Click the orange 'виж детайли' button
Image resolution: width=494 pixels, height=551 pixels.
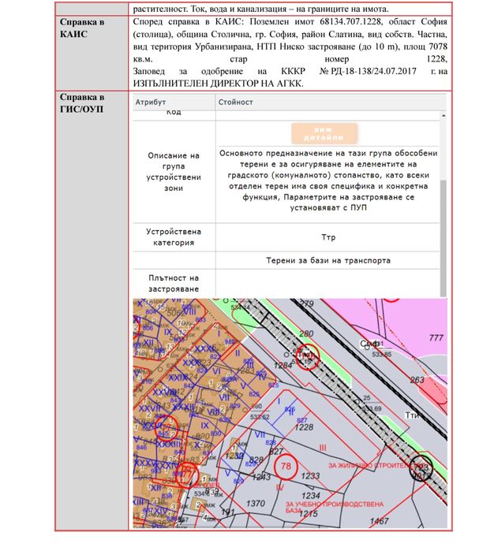coord(324,132)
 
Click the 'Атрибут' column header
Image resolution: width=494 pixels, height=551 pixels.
coord(151,102)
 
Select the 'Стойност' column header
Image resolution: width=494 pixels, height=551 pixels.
coord(237,102)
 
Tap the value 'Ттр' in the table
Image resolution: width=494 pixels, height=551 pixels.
coord(328,236)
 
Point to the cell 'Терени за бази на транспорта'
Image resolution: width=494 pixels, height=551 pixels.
coord(328,260)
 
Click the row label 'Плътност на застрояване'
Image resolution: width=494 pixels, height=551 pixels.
coord(174,284)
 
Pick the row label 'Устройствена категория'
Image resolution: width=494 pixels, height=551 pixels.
coord(174,237)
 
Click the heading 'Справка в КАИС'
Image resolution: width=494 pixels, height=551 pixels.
coord(83,28)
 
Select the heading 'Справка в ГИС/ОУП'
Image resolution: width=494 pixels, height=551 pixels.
coord(83,102)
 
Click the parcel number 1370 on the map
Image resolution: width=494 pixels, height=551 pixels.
coord(256,503)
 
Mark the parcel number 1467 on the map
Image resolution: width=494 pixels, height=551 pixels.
coord(380,522)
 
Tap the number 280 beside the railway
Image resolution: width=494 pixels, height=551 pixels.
coord(308,334)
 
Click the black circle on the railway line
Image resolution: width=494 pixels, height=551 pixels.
coord(421,466)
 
